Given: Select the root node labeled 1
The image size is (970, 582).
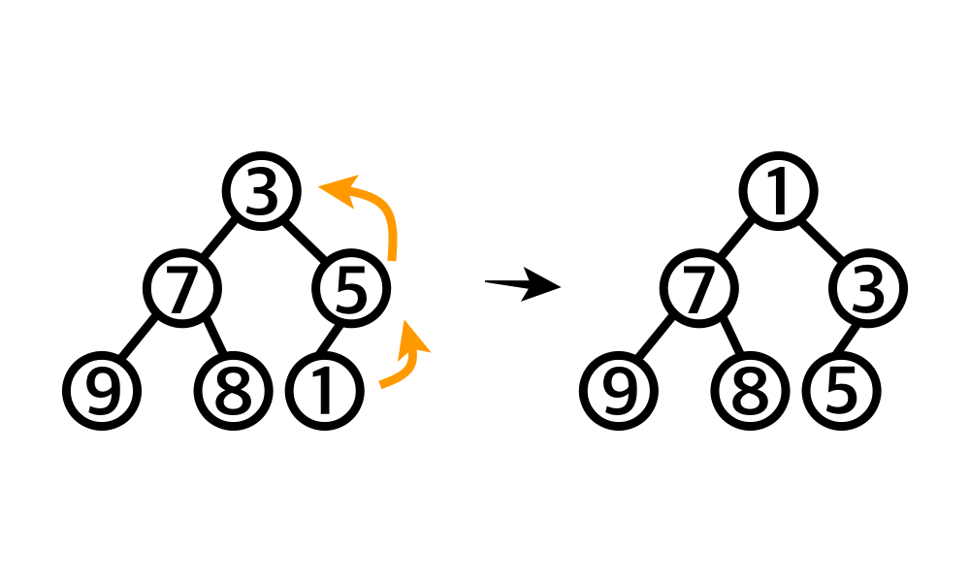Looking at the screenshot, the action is (779, 193).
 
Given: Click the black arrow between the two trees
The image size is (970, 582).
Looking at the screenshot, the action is (524, 285).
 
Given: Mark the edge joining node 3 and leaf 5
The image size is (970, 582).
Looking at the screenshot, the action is (855, 339).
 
